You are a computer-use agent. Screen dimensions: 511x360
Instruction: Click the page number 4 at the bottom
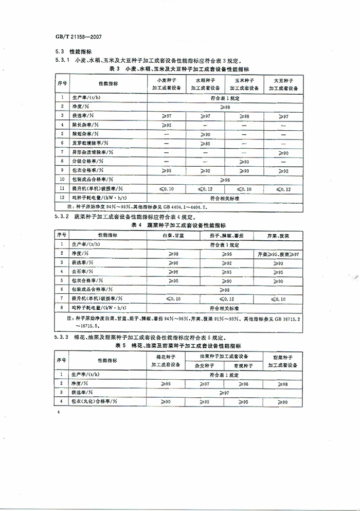click(60, 412)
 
